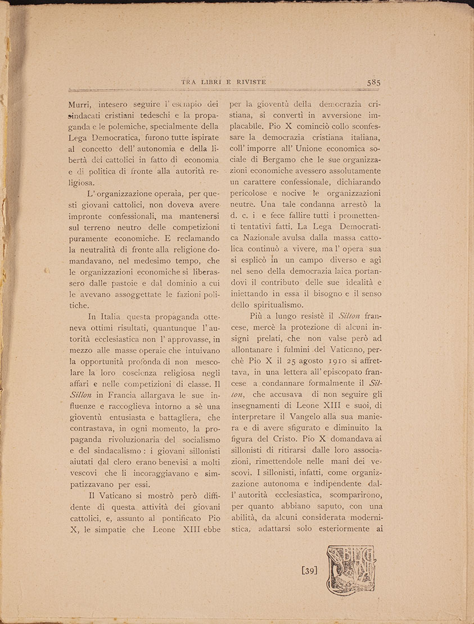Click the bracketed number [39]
[x=310, y=571]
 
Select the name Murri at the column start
[x=79, y=104]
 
